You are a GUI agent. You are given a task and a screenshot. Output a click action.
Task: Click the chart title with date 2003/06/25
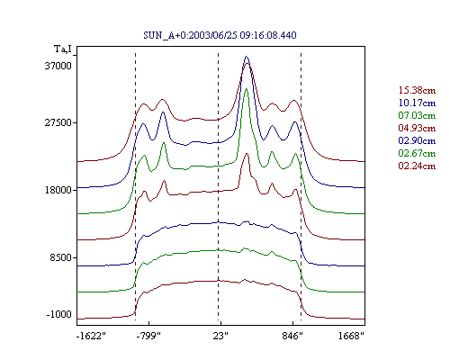pyautogui.click(x=220, y=35)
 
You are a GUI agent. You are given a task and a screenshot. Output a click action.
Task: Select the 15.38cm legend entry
pyautogui.click(x=417, y=90)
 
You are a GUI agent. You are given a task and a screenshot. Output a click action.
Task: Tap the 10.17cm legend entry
pyautogui.click(x=417, y=103)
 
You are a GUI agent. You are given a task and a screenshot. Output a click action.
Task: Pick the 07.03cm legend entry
pyautogui.click(x=417, y=115)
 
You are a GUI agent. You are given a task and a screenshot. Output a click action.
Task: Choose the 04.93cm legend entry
pyautogui.click(x=417, y=128)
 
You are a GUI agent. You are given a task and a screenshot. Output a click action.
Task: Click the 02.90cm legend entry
pyautogui.click(x=417, y=140)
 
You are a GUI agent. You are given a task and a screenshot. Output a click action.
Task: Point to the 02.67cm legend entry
pyautogui.click(x=417, y=153)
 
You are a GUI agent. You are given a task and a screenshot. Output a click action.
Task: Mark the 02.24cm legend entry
pyautogui.click(x=417, y=166)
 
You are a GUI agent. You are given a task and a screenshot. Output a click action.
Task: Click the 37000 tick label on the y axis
pyautogui.click(x=58, y=66)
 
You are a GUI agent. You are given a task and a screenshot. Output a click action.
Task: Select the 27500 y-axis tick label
pyautogui.click(x=58, y=123)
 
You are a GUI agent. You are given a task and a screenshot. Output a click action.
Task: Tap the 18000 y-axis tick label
pyautogui.click(x=58, y=190)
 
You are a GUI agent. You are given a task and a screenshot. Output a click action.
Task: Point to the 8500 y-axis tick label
pyautogui.click(x=61, y=257)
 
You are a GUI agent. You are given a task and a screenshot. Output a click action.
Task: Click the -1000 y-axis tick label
pyautogui.click(x=59, y=314)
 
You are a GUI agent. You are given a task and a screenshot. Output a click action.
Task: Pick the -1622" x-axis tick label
pyautogui.click(x=92, y=336)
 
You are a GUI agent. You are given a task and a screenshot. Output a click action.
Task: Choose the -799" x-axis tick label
pyautogui.click(x=148, y=336)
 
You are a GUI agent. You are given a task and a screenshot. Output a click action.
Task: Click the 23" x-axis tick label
pyautogui.click(x=220, y=336)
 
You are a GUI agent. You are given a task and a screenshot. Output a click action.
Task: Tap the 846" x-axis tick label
pyautogui.click(x=292, y=336)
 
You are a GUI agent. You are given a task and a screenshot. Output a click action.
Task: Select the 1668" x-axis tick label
pyautogui.click(x=351, y=336)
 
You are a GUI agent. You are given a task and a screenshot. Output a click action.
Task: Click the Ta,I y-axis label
pyautogui.click(x=63, y=49)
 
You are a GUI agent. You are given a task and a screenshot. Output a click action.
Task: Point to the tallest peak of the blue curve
pyautogui.click(x=247, y=56)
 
